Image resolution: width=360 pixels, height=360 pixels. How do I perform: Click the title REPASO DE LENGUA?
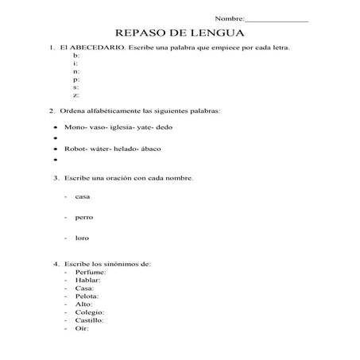(180, 33)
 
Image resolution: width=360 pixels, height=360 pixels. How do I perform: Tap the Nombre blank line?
(278, 18)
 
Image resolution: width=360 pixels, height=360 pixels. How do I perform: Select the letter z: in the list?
(75, 95)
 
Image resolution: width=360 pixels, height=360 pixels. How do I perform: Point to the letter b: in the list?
(75, 56)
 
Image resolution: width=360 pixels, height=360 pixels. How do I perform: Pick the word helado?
(127, 148)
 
